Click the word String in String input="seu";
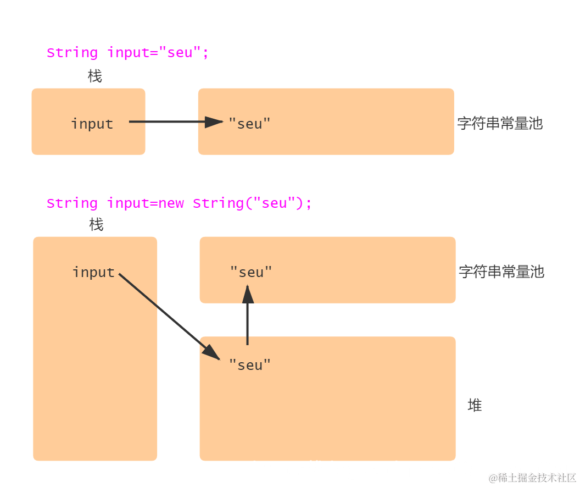click(72, 53)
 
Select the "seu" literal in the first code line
click(180, 53)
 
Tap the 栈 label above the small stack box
click(95, 76)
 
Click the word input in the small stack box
click(92, 124)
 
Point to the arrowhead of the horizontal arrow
click(214, 122)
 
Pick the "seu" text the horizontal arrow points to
click(250, 124)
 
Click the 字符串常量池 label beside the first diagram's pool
click(500, 124)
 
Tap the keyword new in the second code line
click(171, 203)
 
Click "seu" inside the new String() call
click(275, 203)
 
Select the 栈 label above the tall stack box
click(96, 224)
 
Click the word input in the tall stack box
click(93, 272)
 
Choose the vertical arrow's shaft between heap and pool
click(248, 324)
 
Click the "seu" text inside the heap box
click(250, 365)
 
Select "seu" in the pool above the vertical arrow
click(251, 272)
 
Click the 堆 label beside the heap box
click(475, 406)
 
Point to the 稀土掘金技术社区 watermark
click(532, 478)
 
